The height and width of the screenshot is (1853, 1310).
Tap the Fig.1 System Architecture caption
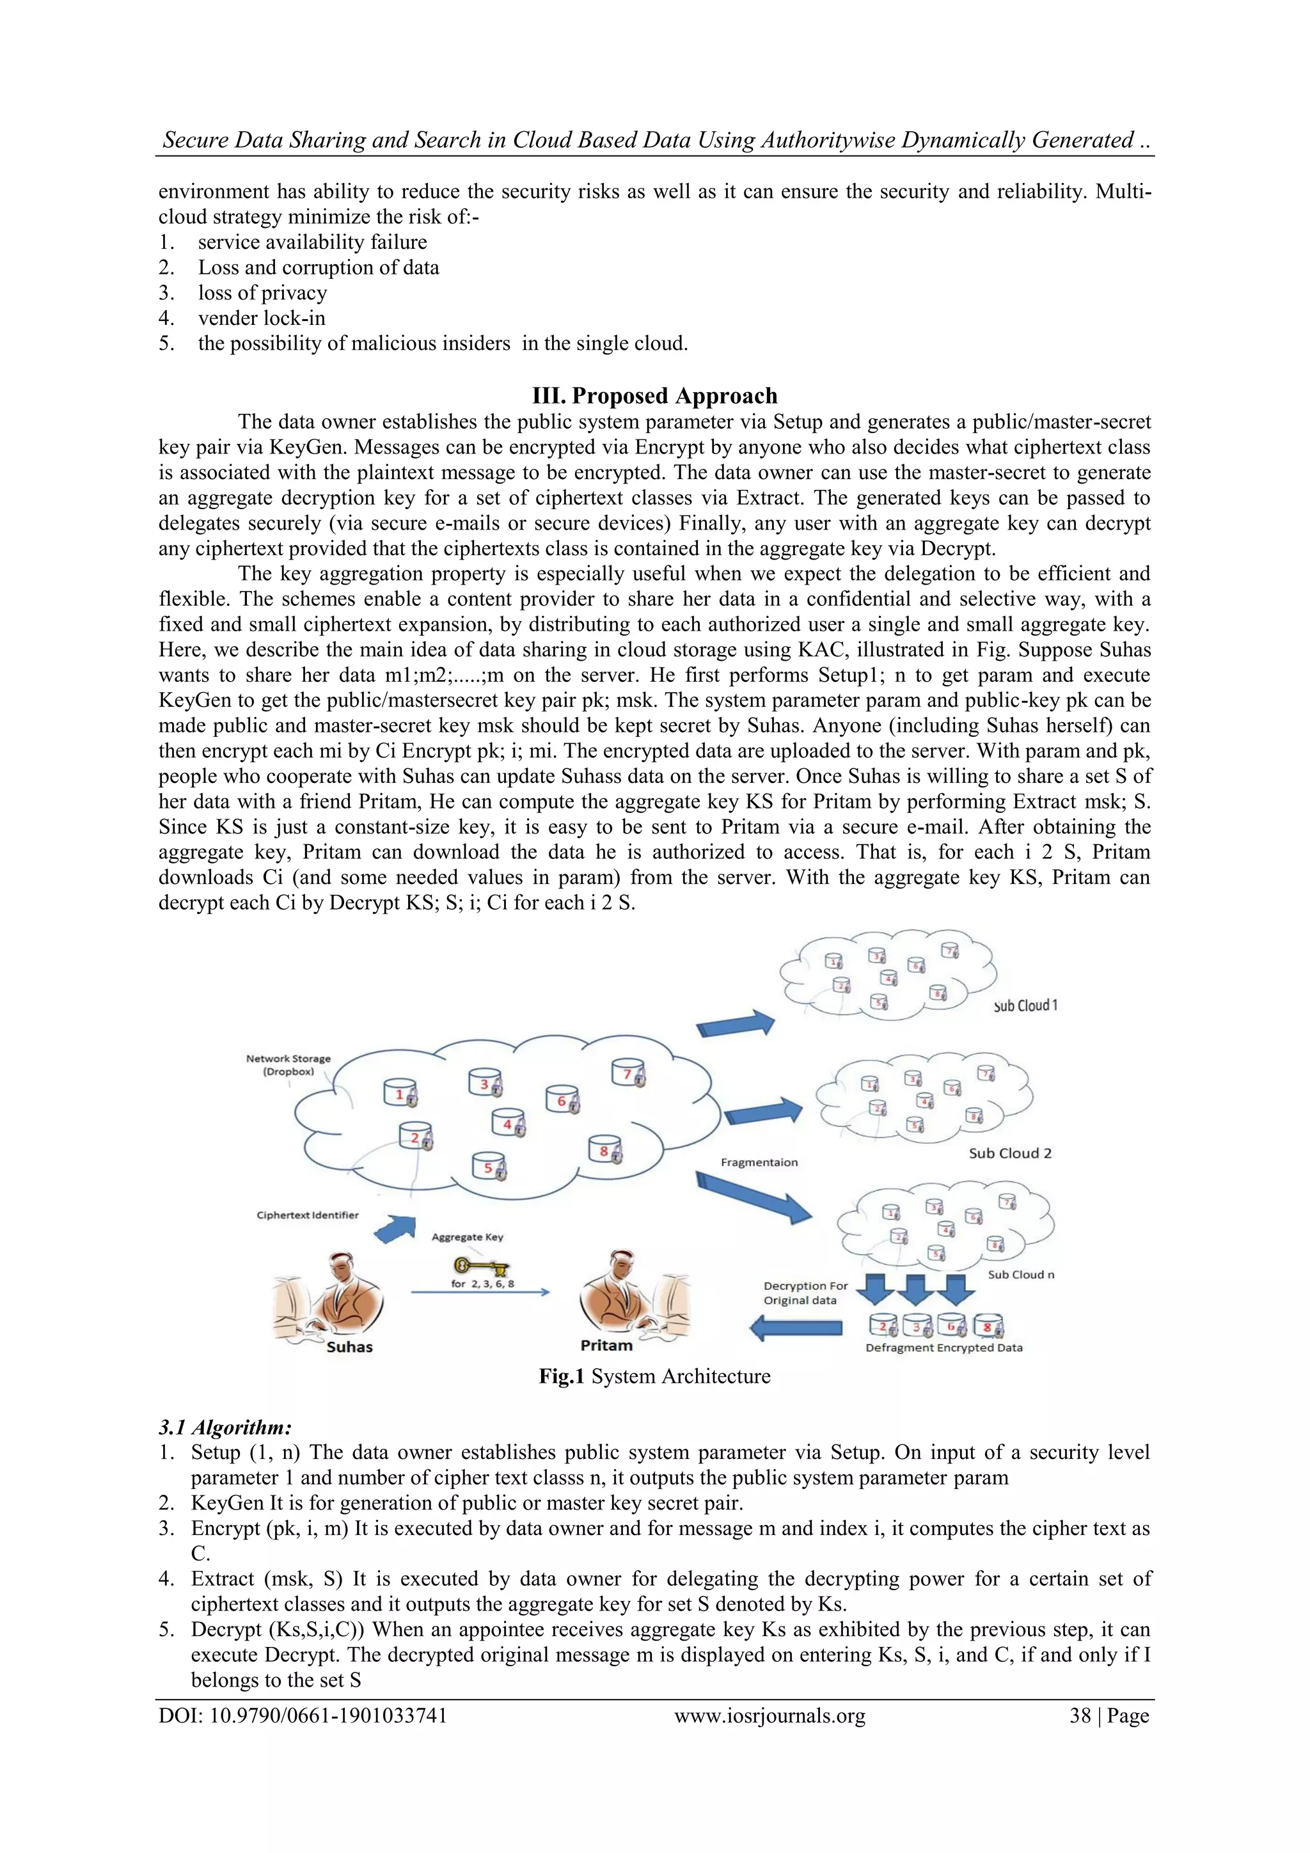point(654,1376)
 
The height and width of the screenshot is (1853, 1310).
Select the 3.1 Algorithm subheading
point(225,1427)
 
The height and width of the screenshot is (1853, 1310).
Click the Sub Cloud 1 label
point(1025,1005)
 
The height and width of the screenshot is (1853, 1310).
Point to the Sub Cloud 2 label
point(1010,1153)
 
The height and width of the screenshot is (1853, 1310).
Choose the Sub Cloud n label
point(1021,1274)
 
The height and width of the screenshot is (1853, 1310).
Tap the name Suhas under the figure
point(349,1347)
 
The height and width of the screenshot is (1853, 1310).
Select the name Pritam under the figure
point(606,1345)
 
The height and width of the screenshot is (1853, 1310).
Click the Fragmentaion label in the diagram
point(759,1162)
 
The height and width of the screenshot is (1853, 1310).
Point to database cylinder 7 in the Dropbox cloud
point(628,1073)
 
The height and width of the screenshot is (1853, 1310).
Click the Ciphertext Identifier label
point(308,1215)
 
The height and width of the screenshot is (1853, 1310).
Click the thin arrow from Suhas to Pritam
point(480,1292)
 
